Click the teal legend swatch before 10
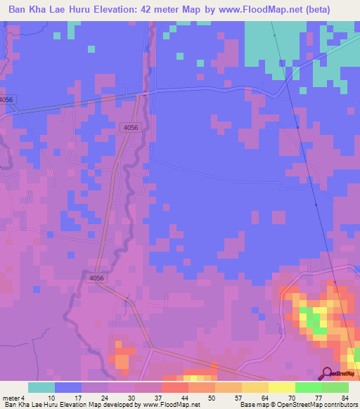[41, 387]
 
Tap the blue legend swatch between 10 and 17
[67, 387]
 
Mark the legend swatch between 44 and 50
[202, 387]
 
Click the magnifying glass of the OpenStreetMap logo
[327, 373]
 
